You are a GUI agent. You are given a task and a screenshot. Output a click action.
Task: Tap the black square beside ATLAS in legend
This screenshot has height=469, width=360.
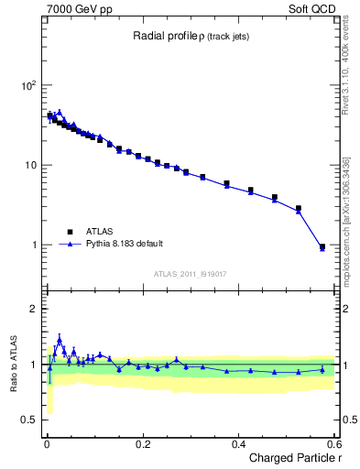[x=67, y=232]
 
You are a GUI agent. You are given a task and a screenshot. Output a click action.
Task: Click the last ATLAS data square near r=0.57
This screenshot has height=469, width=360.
[x=322, y=246]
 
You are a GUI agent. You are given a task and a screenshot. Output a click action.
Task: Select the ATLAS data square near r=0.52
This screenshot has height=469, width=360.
[x=298, y=209]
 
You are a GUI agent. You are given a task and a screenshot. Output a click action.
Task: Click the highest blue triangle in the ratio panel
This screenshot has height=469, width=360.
[x=60, y=340]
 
